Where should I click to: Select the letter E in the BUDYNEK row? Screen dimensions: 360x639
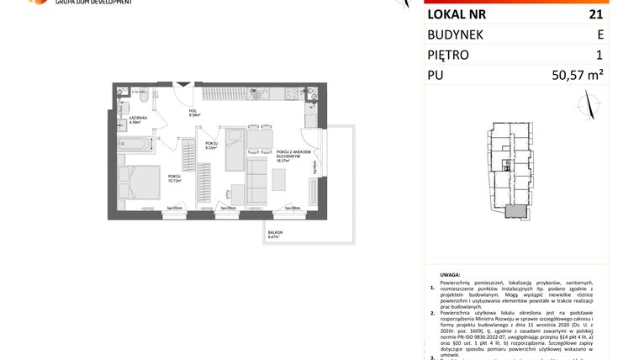coord(599,35)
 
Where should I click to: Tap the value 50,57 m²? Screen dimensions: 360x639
coord(578,76)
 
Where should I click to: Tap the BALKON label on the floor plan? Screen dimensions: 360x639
coord(275,232)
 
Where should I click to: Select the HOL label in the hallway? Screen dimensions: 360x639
coord(192,111)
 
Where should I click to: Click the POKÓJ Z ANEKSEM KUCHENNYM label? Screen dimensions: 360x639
coord(293,154)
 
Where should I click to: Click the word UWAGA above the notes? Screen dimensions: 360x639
coord(450,274)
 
